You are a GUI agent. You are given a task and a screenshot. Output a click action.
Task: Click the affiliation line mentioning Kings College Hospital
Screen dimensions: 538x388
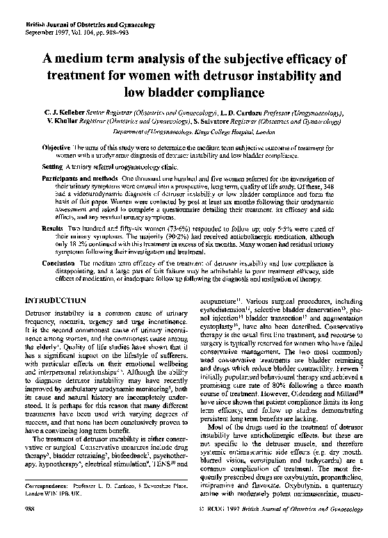[194, 130]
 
